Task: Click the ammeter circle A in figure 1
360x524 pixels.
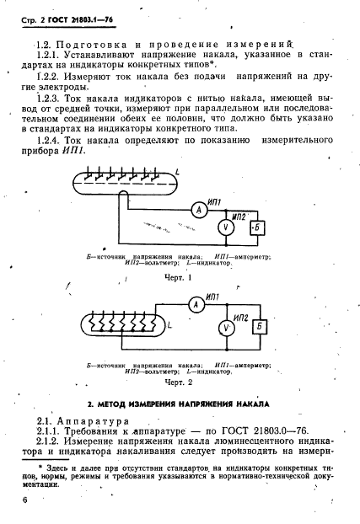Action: tap(198, 211)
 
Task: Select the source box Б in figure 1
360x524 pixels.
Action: tap(258, 227)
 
